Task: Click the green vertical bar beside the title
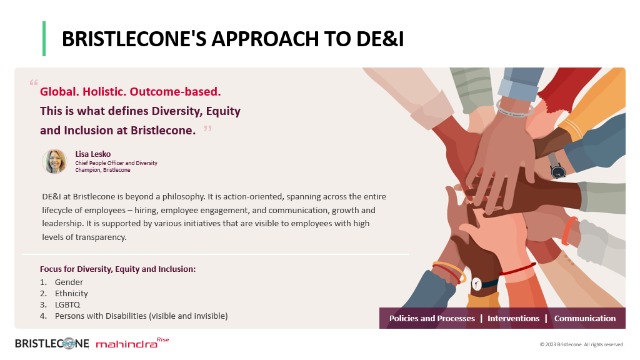[x=44, y=39]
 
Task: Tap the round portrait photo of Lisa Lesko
[x=55, y=162]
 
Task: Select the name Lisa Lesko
[x=92, y=154]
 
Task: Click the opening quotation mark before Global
[x=34, y=82]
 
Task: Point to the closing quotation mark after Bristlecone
[x=207, y=129]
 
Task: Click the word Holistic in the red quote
[x=104, y=91]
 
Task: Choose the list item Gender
[x=69, y=282]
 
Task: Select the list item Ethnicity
[x=71, y=294]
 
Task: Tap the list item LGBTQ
[x=67, y=304]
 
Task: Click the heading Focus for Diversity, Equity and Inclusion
[x=117, y=269]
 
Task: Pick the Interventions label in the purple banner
[x=514, y=318]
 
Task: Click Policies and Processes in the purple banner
[x=432, y=318]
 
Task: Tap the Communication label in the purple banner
[x=585, y=318]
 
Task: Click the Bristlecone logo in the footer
[x=52, y=344]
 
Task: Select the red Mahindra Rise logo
[x=132, y=343]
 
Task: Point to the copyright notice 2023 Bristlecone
[x=582, y=344]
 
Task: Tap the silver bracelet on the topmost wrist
[x=515, y=109]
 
